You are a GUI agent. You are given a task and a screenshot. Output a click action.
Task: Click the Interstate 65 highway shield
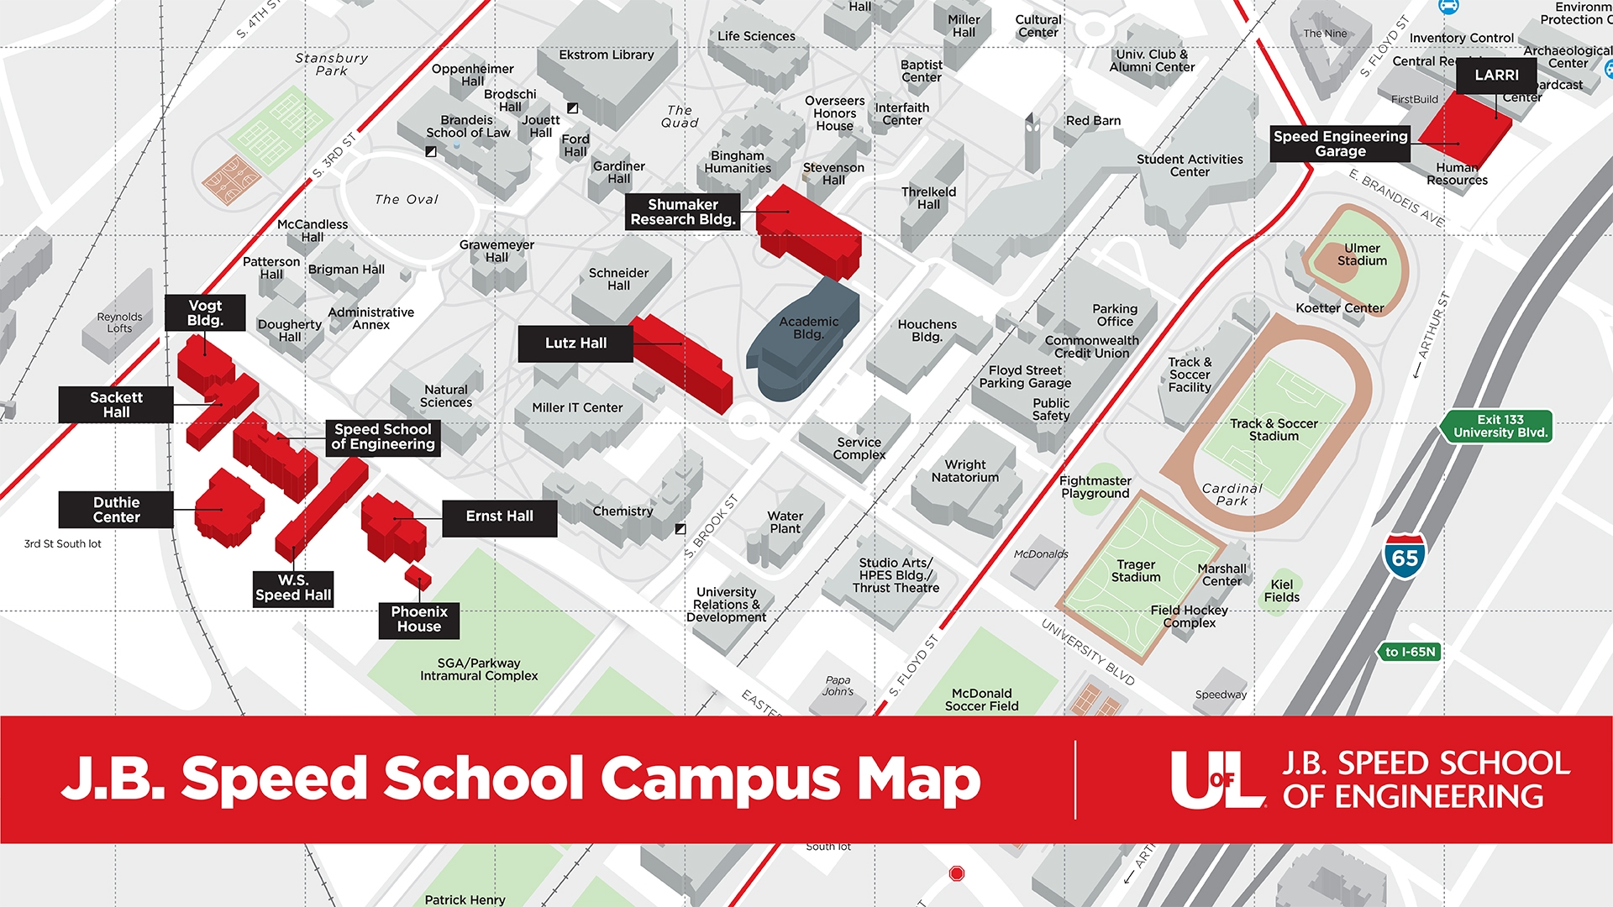pyautogui.click(x=1405, y=556)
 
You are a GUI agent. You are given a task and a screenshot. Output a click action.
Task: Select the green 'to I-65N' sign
pyautogui.click(x=1410, y=652)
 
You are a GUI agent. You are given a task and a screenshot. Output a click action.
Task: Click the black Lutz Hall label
pyautogui.click(x=575, y=343)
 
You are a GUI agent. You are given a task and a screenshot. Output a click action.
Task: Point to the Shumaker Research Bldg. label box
pyautogui.click(x=682, y=212)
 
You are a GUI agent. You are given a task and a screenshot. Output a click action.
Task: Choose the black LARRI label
pyautogui.click(x=1496, y=76)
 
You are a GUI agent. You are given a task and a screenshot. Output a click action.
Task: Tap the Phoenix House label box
pyautogui.click(x=418, y=620)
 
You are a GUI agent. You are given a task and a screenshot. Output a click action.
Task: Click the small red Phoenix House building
pyautogui.click(x=418, y=578)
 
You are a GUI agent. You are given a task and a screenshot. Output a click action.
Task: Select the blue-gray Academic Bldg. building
pyautogui.click(x=802, y=344)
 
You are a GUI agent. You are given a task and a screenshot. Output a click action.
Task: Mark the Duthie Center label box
pyautogui.click(x=116, y=510)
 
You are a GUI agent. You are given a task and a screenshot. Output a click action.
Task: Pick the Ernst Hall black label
pyautogui.click(x=499, y=516)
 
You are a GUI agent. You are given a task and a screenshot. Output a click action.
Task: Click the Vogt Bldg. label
pyautogui.click(x=205, y=313)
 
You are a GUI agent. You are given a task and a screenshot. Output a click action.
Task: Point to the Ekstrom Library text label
pyautogui.click(x=606, y=55)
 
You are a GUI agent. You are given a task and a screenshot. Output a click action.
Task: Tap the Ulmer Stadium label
pyautogui.click(x=1362, y=254)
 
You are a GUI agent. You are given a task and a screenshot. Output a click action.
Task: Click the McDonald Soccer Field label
pyautogui.click(x=981, y=700)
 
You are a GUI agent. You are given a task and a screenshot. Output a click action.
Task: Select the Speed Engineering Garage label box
pyautogui.click(x=1340, y=144)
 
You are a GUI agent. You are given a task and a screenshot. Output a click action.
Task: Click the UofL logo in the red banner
pyautogui.click(x=1217, y=779)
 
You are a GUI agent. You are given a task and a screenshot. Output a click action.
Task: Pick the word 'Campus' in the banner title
pyautogui.click(x=720, y=779)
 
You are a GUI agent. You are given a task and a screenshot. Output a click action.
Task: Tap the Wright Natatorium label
pyautogui.click(x=964, y=471)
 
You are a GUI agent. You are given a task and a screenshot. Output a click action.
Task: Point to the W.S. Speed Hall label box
pyautogui.click(x=293, y=588)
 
